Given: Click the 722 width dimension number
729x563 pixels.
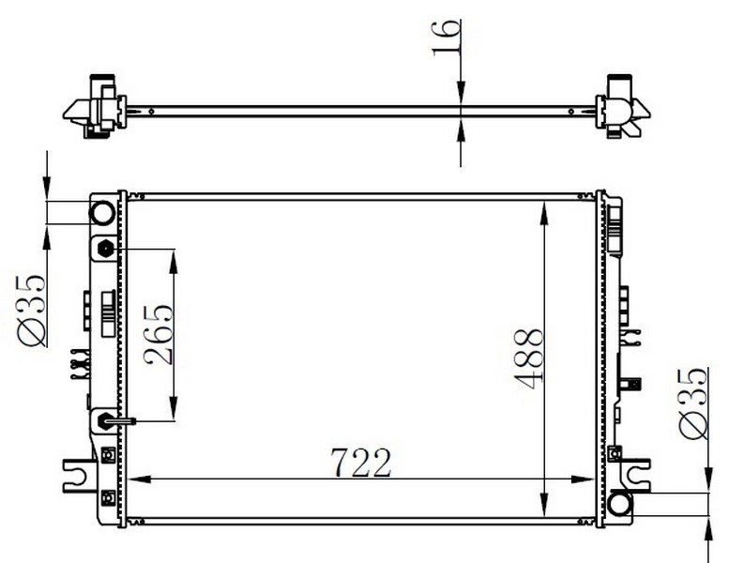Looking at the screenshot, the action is [x=361, y=463].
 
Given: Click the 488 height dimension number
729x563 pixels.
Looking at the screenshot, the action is [x=528, y=358].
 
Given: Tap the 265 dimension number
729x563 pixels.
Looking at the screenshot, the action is [x=159, y=334].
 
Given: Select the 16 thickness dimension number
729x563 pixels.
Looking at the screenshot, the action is [x=447, y=38].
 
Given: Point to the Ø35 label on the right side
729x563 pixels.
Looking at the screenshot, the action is [x=692, y=403].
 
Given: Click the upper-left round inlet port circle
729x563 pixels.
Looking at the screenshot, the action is [x=102, y=213].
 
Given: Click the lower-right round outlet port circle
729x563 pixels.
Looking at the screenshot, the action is [x=619, y=504].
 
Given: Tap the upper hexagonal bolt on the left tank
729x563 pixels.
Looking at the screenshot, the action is [x=105, y=250].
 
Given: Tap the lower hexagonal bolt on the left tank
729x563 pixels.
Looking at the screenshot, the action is [x=104, y=421].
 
